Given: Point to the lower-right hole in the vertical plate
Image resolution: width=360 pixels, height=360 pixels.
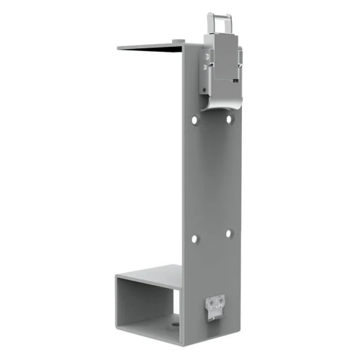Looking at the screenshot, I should point(228,233).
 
